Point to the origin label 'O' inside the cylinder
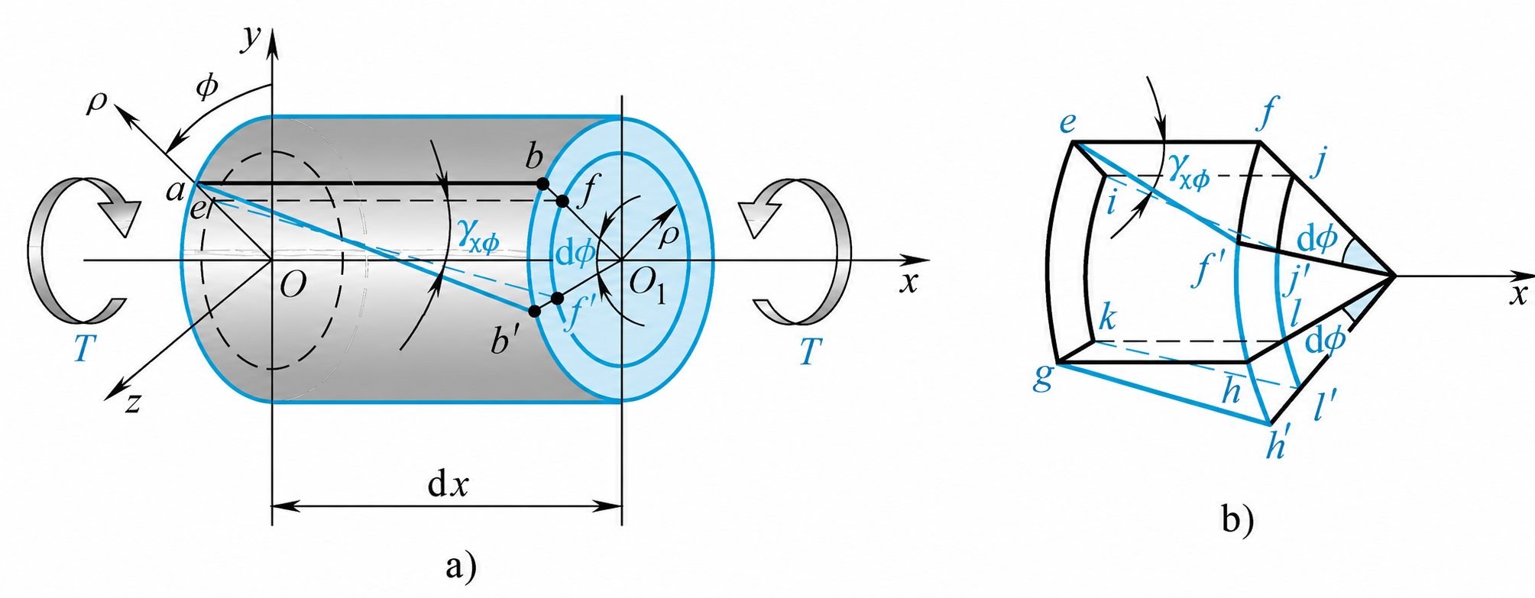point(293,285)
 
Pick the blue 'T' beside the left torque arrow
point(84,348)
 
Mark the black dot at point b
point(542,184)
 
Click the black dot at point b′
point(534,311)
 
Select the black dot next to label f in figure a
point(562,201)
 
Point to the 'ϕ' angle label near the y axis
point(206,87)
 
